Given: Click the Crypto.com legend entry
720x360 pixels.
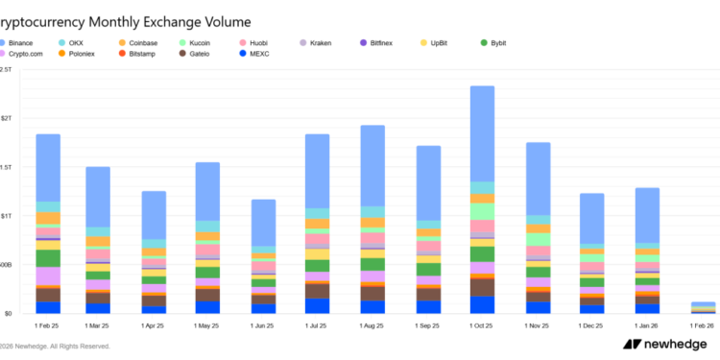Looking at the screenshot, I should (27, 54).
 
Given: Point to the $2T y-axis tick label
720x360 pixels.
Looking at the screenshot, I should (6, 118).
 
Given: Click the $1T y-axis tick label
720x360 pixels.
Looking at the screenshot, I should (6, 216).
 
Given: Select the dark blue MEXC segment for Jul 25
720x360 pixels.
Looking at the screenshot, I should (318, 306).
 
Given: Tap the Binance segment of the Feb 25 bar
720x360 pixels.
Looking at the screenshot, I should (48, 168).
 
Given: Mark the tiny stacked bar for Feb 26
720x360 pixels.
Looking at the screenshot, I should (703, 307).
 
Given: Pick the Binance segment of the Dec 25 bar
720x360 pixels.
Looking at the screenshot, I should (592, 219).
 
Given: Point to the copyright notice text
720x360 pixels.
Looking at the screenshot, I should (58, 347).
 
